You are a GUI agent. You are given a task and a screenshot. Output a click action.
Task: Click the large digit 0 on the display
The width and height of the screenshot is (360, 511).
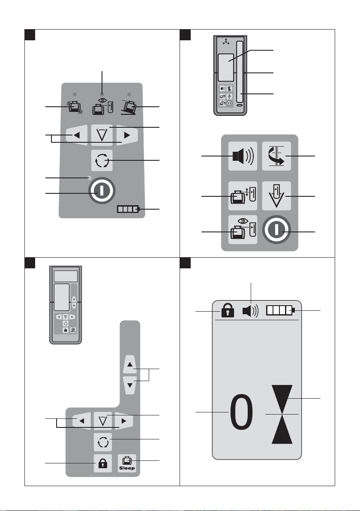[x=241, y=412]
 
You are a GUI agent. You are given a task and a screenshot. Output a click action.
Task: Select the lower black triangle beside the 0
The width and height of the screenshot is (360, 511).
[x=282, y=429]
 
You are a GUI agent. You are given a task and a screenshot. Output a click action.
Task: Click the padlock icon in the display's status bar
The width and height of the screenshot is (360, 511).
[x=228, y=310]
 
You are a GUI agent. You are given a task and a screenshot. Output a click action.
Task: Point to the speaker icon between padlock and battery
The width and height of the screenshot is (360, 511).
[x=250, y=311]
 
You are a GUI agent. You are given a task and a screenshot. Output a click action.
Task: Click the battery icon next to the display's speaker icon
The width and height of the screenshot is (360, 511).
[x=281, y=310]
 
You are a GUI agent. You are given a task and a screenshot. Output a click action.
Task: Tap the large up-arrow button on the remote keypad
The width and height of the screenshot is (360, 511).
[x=130, y=364]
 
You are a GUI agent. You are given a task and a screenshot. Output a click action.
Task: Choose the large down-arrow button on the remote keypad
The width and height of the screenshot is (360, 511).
[x=130, y=385]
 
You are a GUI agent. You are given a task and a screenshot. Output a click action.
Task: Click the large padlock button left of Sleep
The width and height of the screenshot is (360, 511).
[x=102, y=463]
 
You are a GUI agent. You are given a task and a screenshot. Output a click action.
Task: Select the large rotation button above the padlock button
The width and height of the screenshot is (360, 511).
[x=102, y=442]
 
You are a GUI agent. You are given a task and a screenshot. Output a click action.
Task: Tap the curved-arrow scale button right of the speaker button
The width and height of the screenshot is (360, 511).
[x=276, y=156]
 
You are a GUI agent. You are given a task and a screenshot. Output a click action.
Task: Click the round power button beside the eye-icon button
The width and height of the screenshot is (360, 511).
[x=276, y=229]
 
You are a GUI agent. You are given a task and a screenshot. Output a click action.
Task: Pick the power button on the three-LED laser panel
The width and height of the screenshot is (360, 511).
[x=102, y=191]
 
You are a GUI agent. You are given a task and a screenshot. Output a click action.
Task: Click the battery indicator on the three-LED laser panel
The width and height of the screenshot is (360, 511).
[x=129, y=209]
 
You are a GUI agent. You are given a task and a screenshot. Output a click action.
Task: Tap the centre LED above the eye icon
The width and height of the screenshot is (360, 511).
[x=102, y=94]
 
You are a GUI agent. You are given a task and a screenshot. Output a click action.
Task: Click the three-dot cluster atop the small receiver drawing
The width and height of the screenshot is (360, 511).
[x=226, y=42]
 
